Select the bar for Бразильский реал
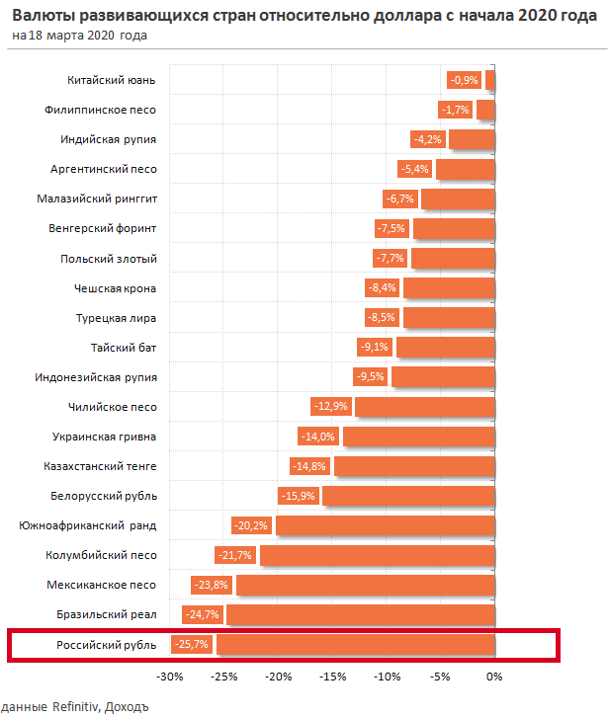click(361, 614)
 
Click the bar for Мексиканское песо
click(366, 585)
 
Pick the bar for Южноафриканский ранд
click(386, 525)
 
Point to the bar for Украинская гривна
click(418, 437)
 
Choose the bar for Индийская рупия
click(472, 139)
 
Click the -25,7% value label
click(194, 644)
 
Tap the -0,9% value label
click(464, 80)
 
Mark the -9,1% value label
click(375, 348)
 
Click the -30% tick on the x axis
click(170, 677)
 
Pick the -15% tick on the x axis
click(332, 677)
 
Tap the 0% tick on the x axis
click(494, 677)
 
